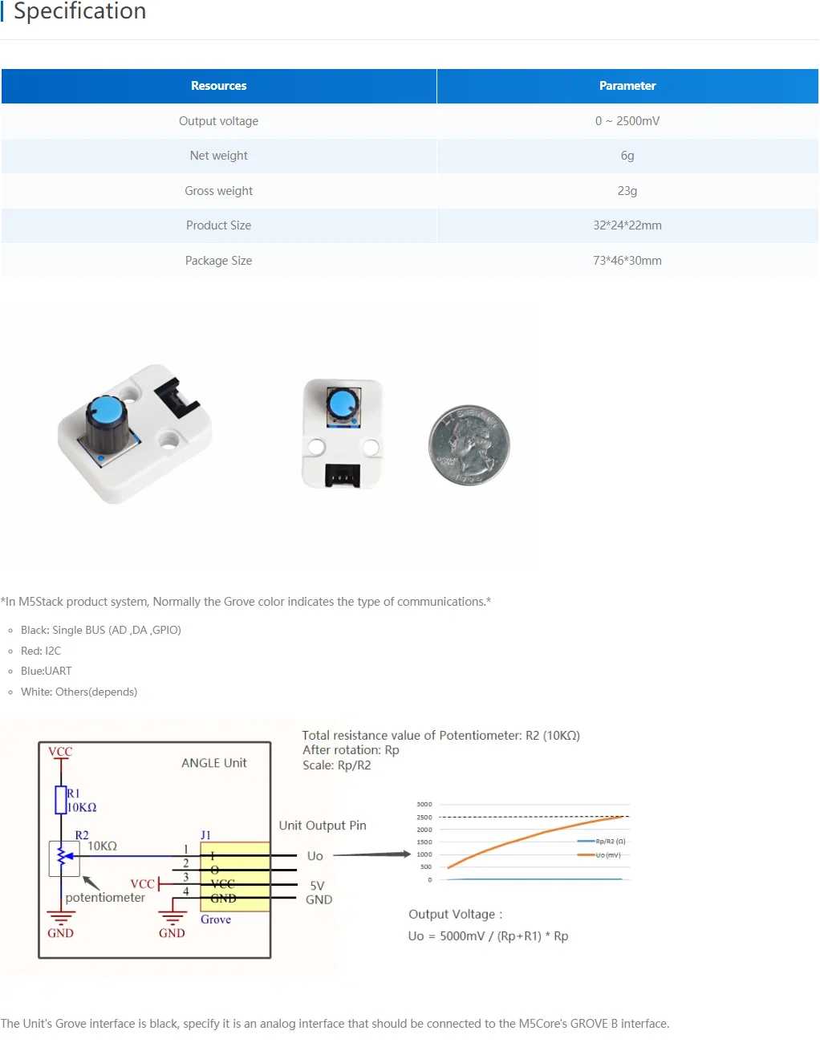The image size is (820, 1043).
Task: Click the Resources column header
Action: point(218,86)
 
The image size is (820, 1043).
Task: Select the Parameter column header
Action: point(627,86)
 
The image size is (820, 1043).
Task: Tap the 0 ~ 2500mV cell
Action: point(627,121)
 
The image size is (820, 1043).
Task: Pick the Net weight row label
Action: point(218,156)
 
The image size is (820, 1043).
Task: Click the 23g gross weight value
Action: point(627,191)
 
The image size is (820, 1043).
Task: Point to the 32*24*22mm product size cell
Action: point(627,225)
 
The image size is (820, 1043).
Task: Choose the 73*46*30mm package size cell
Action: point(627,261)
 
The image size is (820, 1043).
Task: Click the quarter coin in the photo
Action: point(469,444)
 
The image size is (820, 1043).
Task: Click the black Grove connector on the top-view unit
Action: point(342,476)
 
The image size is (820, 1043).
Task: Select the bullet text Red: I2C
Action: point(41,651)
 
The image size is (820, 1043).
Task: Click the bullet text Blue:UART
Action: point(47,671)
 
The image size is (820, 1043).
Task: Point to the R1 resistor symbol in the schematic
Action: point(60,800)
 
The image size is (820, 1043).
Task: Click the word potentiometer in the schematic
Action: point(105,898)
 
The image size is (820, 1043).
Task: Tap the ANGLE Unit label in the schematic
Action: point(214,763)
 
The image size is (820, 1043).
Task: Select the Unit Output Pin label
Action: point(323,826)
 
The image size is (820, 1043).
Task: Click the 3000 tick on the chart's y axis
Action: point(424,804)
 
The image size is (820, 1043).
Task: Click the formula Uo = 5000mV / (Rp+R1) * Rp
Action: point(488,936)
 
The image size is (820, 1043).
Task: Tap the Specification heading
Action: point(79,11)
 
